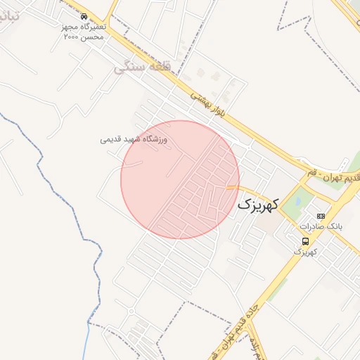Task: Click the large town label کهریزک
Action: click(x=258, y=204)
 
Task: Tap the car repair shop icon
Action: click(x=84, y=16)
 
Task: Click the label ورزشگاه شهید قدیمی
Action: click(x=134, y=139)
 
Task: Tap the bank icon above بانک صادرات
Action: click(x=321, y=216)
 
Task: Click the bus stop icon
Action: click(x=304, y=241)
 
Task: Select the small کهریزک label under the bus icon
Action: click(x=304, y=252)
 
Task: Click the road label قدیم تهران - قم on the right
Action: click(x=331, y=176)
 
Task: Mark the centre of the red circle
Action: click(x=180, y=179)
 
